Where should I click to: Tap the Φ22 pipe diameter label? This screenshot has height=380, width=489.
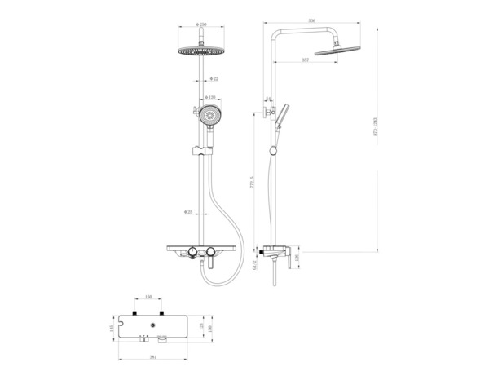click(x=212, y=78)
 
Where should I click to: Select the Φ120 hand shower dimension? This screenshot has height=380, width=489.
click(x=210, y=96)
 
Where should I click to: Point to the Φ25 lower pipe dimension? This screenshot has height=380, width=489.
click(x=188, y=213)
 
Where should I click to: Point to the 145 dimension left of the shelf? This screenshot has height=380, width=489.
click(x=112, y=329)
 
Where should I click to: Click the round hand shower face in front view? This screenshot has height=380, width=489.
click(x=211, y=117)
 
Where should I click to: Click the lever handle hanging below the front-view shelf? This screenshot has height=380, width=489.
click(x=207, y=261)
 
